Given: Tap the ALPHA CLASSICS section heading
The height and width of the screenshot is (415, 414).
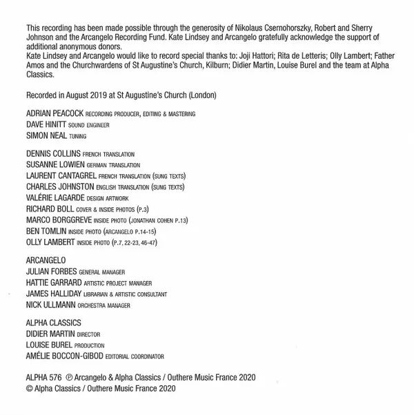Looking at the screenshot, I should click(53, 322).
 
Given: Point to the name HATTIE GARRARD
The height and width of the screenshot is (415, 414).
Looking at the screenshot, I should click(53, 282).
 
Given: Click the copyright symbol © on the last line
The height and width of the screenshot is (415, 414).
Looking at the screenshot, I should click(28, 389).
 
